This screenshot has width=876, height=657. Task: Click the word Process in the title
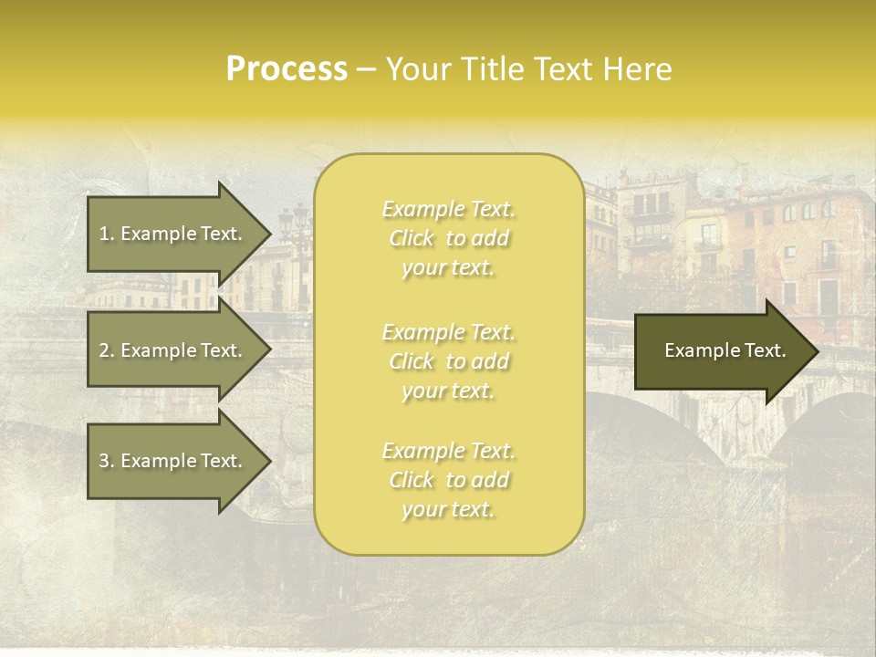point(287,69)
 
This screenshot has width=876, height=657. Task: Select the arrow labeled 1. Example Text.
point(173,234)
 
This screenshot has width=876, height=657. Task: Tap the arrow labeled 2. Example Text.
point(173,350)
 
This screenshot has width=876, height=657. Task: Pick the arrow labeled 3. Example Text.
point(173,461)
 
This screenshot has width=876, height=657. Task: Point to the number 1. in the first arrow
point(107,234)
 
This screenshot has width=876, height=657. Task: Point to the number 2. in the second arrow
point(107,350)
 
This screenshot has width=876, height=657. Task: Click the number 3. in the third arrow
point(107,461)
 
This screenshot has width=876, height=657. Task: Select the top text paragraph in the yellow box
point(449,238)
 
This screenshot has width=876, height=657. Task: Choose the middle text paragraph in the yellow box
point(449,361)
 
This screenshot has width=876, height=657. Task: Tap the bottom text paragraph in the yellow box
point(449,480)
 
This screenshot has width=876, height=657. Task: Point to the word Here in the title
point(641,69)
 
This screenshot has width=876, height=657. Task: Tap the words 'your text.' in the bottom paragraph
point(449,510)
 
